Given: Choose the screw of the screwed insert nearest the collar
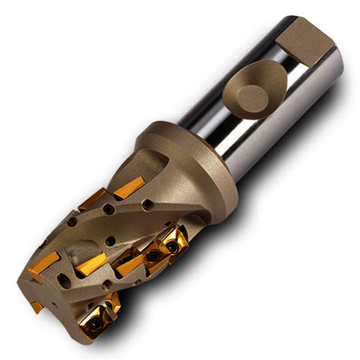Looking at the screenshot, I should pyautogui.click(x=173, y=248).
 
